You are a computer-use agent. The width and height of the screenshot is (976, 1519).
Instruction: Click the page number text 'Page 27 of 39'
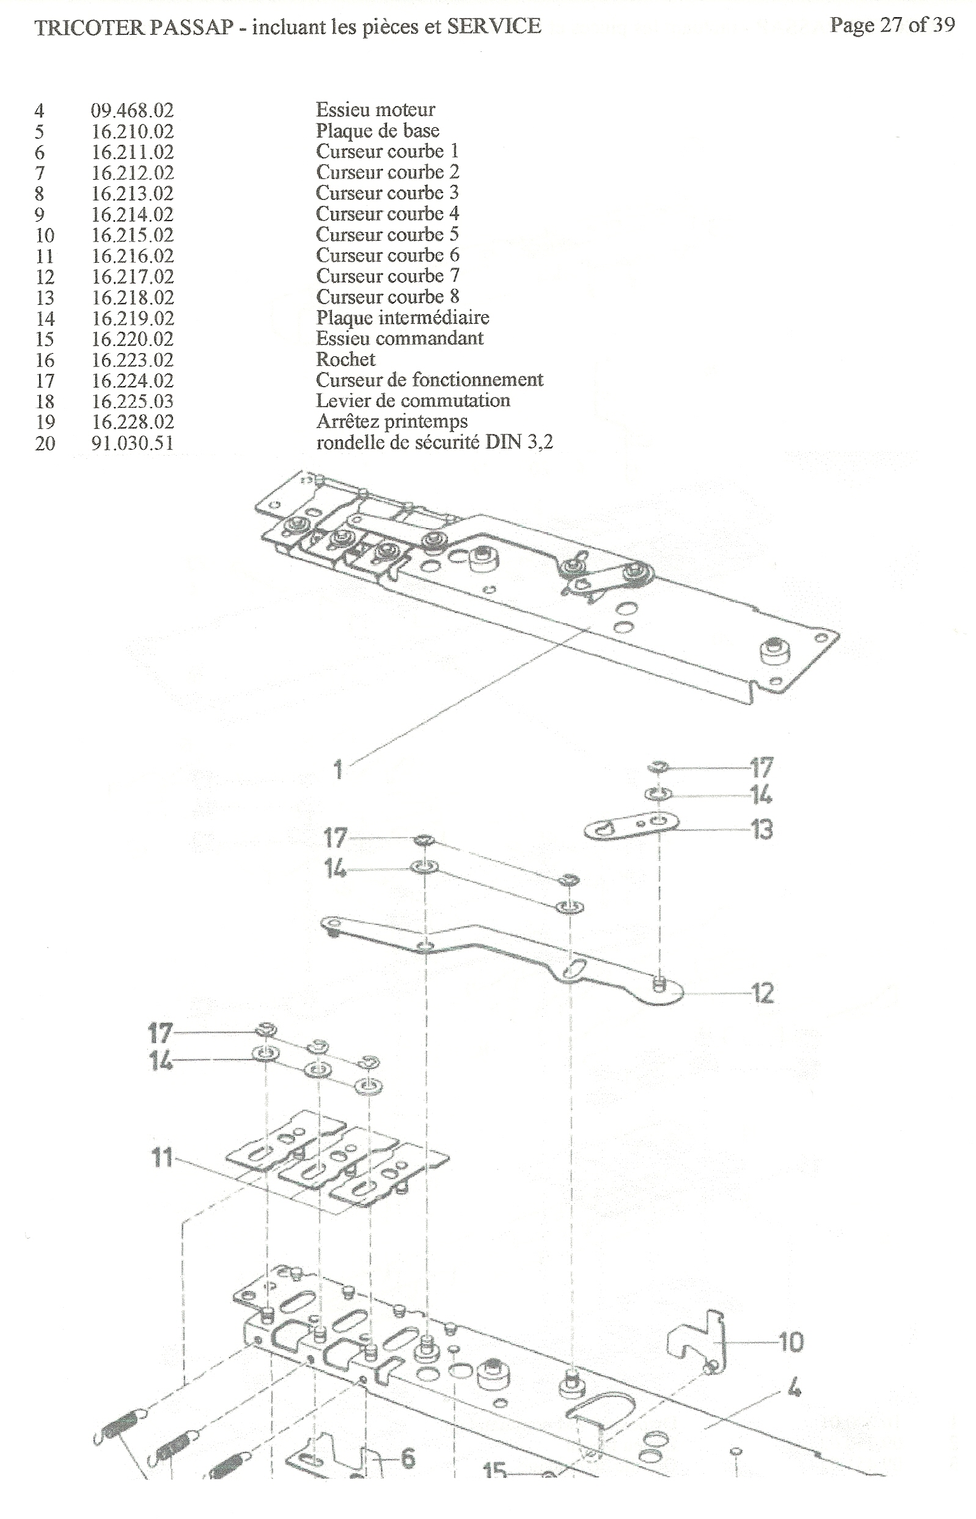point(892,25)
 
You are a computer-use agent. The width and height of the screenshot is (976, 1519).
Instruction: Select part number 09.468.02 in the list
point(132,110)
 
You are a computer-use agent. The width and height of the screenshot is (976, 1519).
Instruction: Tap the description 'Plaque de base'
point(378,131)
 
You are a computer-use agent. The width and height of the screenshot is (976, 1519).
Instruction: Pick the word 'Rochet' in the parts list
point(345,359)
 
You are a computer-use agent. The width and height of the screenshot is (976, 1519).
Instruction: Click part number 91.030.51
point(132,443)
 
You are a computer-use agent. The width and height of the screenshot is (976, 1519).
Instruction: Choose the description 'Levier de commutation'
point(413,400)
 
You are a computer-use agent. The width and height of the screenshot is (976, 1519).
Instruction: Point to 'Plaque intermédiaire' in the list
point(403,317)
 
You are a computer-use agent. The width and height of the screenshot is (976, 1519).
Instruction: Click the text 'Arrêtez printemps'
point(392,421)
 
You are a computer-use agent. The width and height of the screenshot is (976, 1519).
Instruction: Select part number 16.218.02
point(132,297)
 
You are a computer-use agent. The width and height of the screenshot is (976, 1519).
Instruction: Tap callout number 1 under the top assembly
point(339,770)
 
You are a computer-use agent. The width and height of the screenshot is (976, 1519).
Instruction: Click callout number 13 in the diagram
point(761,829)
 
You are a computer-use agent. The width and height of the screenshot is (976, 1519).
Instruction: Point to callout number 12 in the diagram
point(763,993)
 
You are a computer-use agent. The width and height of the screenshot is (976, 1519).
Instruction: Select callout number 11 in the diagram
point(161,1158)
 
